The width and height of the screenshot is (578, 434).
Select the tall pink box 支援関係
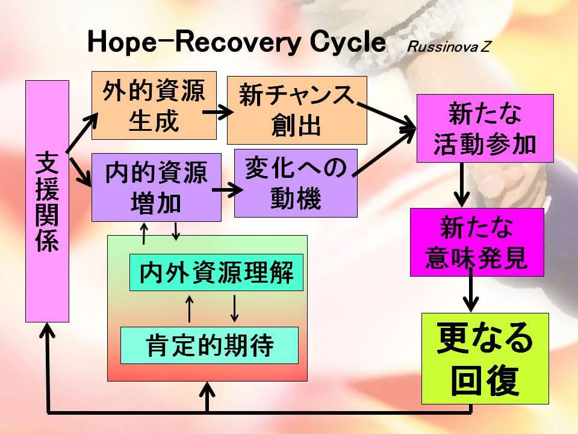click(x=47, y=201)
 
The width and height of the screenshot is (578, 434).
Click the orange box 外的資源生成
click(x=154, y=105)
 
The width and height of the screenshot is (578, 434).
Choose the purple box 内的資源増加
click(x=156, y=187)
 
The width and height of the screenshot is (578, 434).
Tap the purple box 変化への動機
click(x=296, y=183)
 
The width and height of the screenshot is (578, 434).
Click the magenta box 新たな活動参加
click(x=485, y=128)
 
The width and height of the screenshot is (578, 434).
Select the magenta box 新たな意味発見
click(x=477, y=242)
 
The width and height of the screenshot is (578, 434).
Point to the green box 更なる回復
click(x=485, y=358)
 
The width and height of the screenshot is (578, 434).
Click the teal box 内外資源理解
click(x=216, y=272)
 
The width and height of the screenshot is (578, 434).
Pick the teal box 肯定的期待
click(x=210, y=345)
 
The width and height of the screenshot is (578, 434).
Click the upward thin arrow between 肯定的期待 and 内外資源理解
click(x=190, y=309)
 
